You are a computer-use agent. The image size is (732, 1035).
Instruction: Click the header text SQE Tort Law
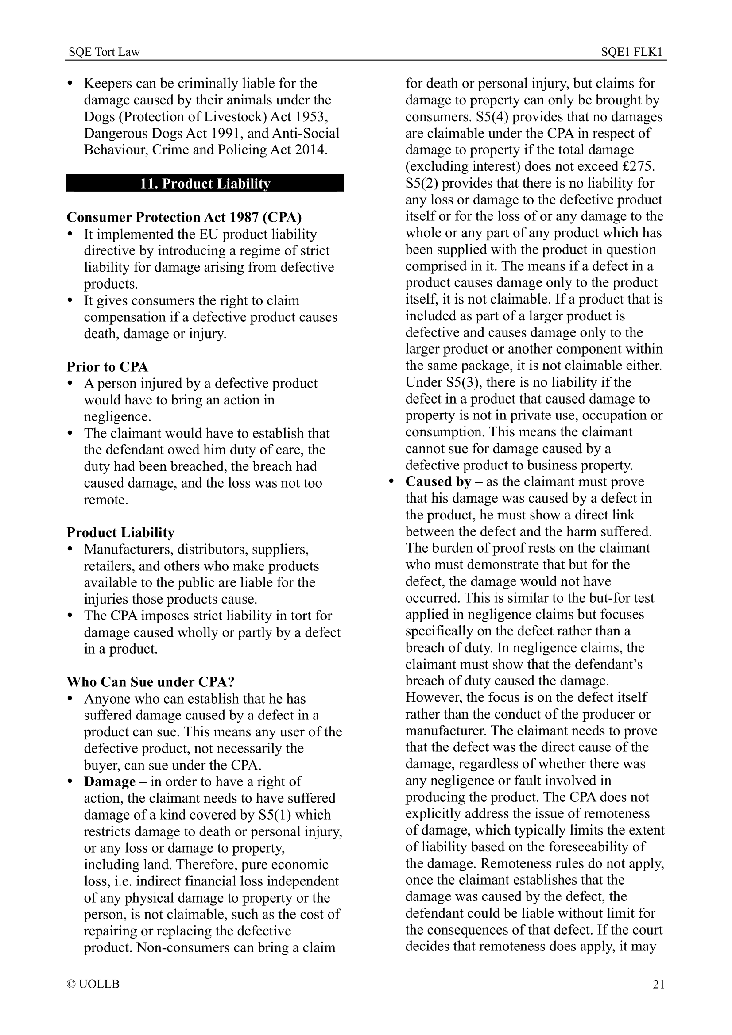104,52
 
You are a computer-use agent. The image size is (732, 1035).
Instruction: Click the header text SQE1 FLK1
631,52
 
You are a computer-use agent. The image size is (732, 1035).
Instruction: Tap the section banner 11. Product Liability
205,184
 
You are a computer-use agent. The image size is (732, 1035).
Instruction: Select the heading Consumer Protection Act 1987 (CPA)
184,217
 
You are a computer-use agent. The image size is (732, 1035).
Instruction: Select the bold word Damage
109,781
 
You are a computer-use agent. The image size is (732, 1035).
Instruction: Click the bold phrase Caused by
438,482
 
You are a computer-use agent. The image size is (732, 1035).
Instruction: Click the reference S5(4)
492,117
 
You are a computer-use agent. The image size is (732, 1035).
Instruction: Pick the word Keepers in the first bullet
108,83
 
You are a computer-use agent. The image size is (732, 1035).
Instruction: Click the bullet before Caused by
391,482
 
